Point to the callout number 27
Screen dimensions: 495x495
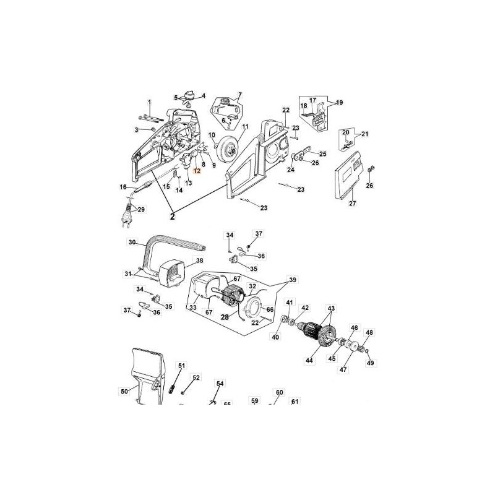point(353,203)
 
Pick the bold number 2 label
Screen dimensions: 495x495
point(173,217)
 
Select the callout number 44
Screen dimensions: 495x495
point(309,359)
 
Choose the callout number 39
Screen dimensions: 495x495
point(292,280)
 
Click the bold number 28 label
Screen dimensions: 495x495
point(225,317)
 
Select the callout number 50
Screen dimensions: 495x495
point(123,391)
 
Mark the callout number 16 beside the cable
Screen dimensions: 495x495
point(123,187)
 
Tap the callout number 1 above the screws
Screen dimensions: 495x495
point(148,101)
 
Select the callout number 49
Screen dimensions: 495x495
point(370,363)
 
